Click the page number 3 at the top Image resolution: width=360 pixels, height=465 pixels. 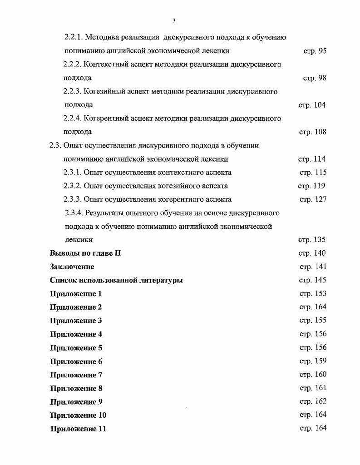click(174, 21)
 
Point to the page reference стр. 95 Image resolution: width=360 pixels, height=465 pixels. click(315, 51)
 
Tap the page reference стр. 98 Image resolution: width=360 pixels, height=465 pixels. click(315, 78)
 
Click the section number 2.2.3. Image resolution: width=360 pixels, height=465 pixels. click(73, 92)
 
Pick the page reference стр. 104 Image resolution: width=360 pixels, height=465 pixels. click(312, 105)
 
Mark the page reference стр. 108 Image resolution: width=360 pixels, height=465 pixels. click(312, 132)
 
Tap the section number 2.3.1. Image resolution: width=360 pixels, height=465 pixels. click(73, 173)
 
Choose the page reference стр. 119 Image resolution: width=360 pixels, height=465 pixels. click(311, 186)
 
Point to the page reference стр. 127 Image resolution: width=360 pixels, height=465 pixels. click(313, 199)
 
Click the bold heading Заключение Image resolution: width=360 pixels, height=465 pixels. click(72, 267)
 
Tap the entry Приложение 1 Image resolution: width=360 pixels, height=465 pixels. click(76, 294)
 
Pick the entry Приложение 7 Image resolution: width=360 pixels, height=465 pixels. click(76, 375)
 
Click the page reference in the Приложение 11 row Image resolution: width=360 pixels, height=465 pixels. click(313, 428)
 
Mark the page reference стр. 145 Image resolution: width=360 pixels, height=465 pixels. click(313, 280)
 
